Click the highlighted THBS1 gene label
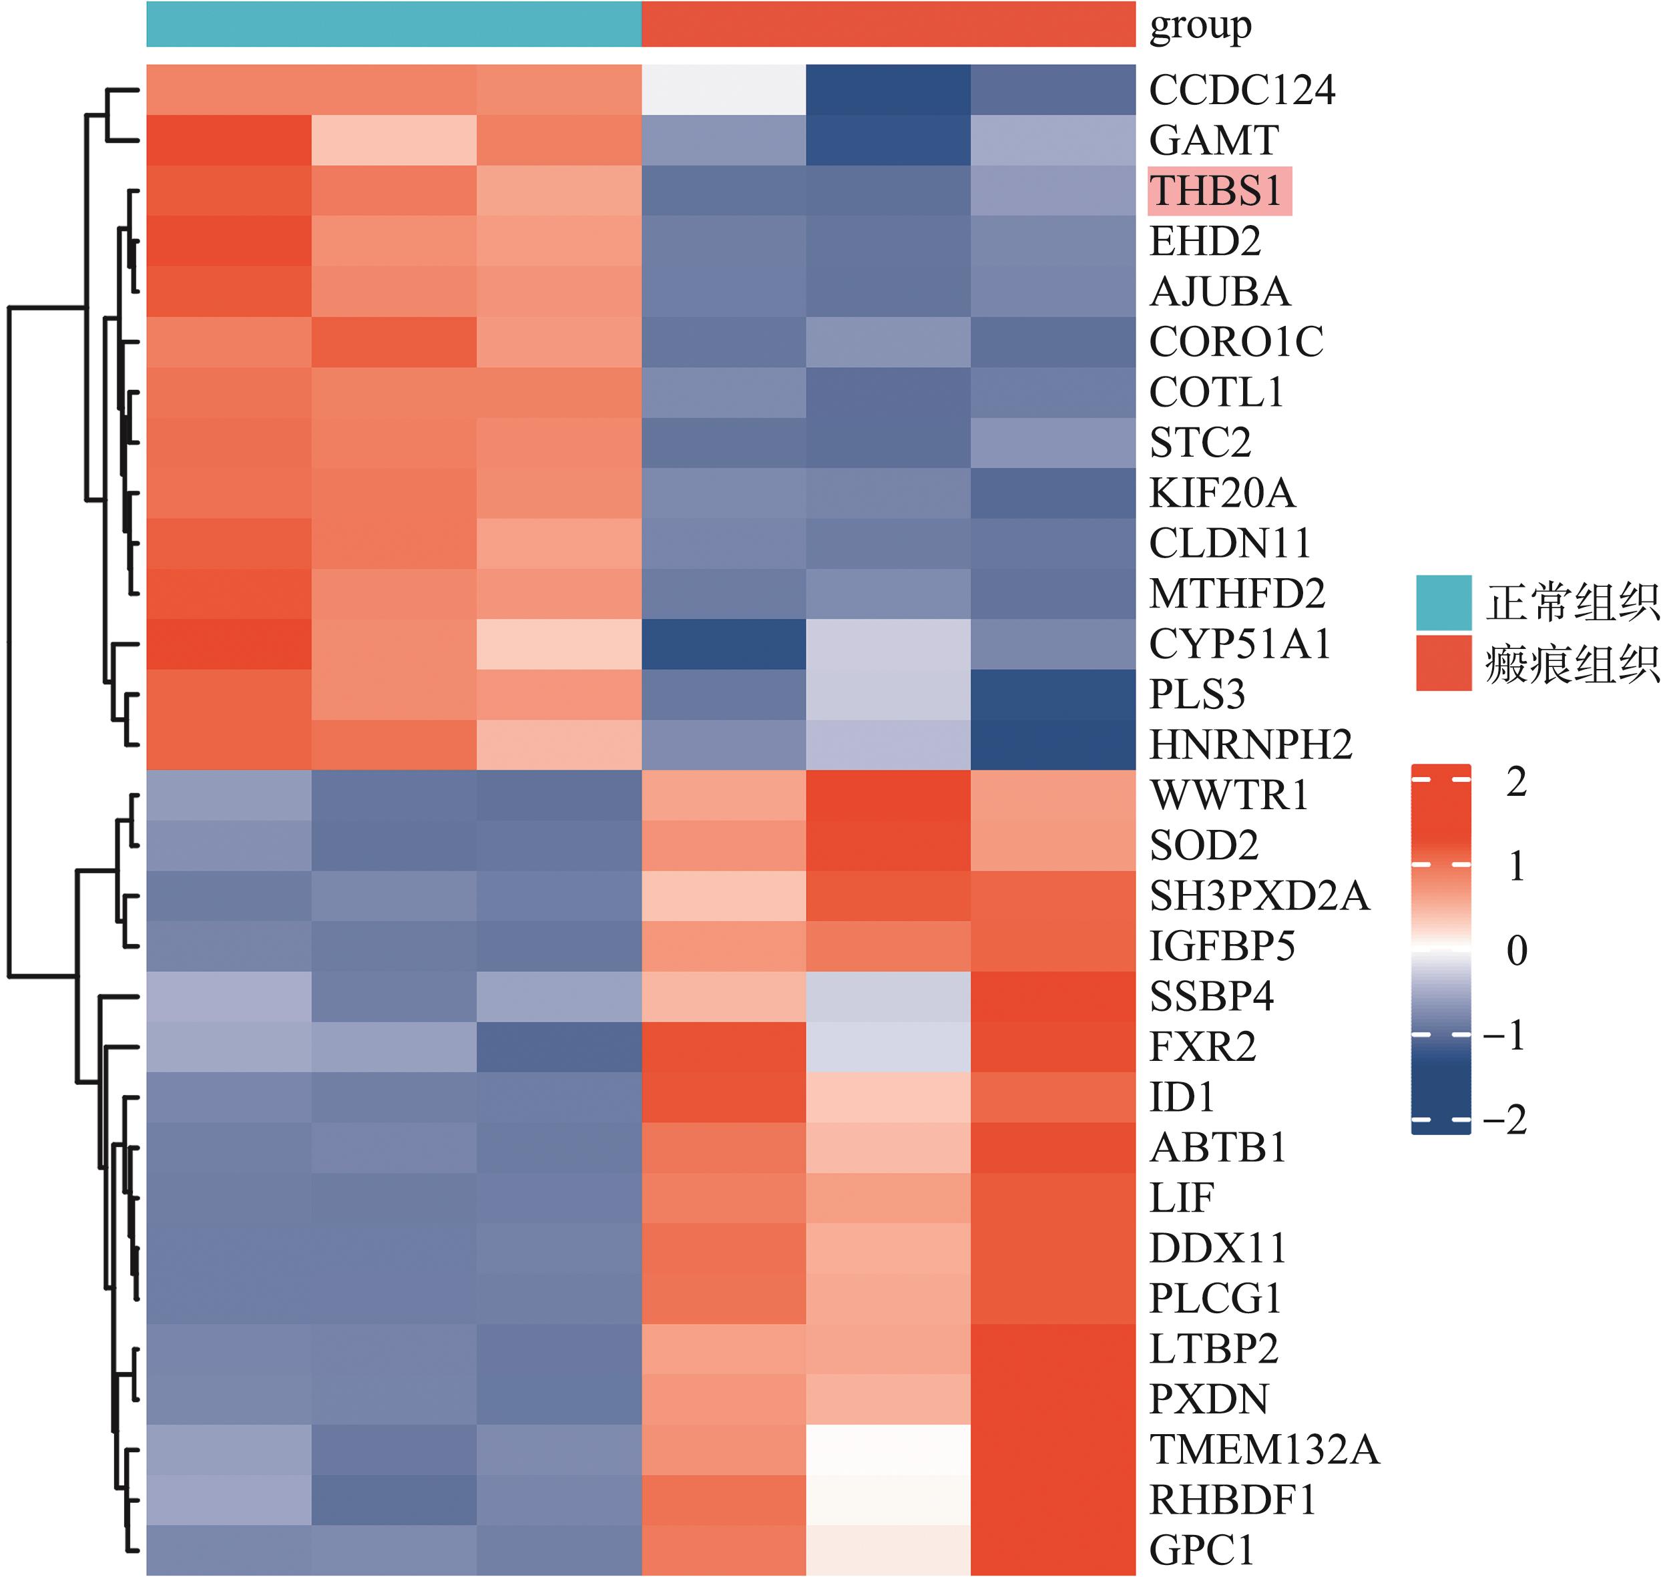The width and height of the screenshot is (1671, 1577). (1219, 191)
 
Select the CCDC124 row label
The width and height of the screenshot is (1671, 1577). (1242, 91)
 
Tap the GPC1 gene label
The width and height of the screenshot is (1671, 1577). (1201, 1549)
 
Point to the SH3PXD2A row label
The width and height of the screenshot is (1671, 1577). (1259, 896)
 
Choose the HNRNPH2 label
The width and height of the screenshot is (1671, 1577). (1250, 745)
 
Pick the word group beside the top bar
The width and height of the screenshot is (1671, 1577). (1200, 26)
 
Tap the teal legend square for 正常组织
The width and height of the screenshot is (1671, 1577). (1443, 603)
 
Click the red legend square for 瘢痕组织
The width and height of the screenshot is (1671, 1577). (1443, 663)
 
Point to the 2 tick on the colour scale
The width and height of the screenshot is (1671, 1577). (1516, 782)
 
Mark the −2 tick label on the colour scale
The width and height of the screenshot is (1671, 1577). (1505, 1120)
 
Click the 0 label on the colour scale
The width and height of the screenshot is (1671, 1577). (1516, 951)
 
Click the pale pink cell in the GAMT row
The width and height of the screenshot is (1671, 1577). (393, 140)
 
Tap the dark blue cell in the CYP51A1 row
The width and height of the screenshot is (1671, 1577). (723, 644)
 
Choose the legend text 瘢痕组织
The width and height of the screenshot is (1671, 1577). (1572, 665)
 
